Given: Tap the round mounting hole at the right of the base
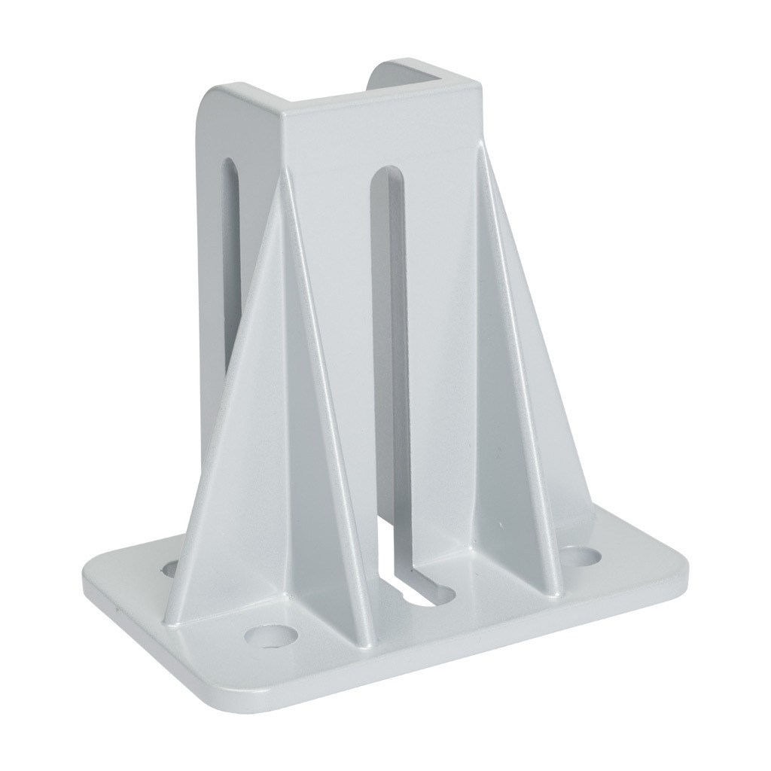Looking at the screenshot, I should point(583,557).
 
